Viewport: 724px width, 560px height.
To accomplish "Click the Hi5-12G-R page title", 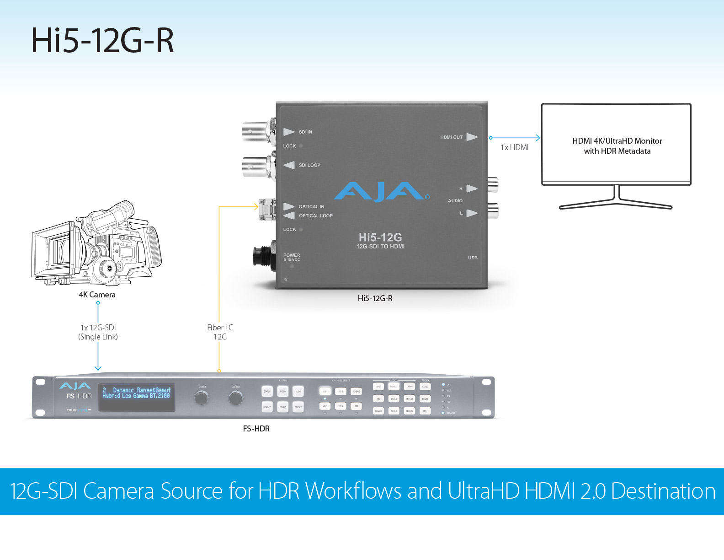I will tap(102, 41).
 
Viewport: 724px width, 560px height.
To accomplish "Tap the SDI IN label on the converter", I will tap(305, 132).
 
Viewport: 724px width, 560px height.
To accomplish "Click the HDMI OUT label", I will tap(451, 137).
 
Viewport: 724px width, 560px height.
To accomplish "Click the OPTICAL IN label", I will tap(311, 207).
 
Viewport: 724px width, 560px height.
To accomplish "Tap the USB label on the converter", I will tap(473, 258).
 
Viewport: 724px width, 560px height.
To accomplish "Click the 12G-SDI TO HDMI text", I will tap(380, 247).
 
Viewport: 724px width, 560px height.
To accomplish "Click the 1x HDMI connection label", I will tap(514, 147).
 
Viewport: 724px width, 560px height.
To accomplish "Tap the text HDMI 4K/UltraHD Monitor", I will tap(617, 141).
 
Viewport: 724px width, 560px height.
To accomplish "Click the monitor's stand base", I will tap(616, 204).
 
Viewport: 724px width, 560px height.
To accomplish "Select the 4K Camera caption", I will tap(97, 295).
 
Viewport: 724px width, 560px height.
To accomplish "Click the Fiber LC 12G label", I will tap(220, 332).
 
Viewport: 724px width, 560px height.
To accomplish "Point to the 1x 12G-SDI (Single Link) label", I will tap(98, 332).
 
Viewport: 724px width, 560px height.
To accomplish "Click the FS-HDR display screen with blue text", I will tap(137, 397).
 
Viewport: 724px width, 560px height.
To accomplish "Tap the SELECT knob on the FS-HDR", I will tap(201, 398).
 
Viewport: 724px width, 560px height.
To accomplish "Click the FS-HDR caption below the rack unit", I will tap(256, 429).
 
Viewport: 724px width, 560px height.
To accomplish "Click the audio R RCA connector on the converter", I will tap(492, 185).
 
